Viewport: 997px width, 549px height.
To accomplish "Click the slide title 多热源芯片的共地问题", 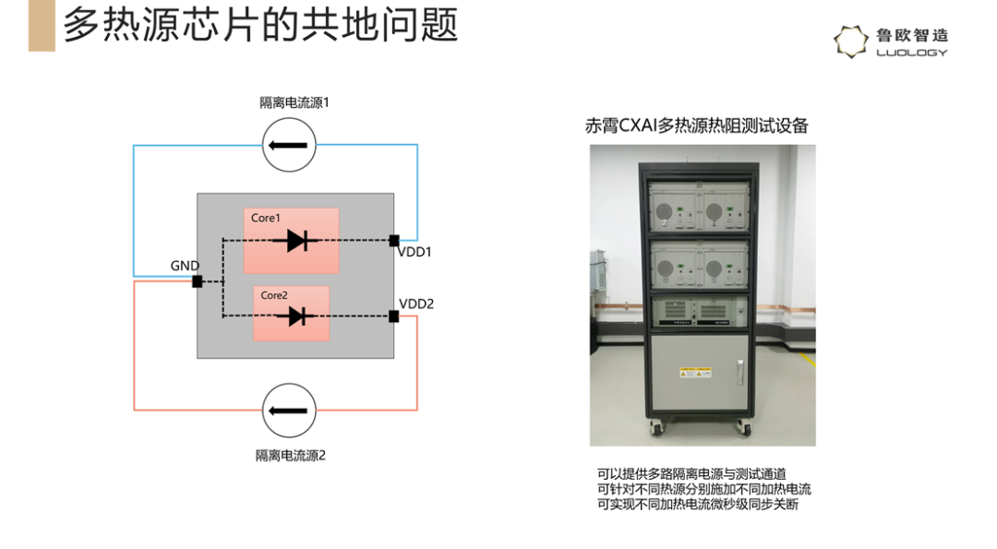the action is [260, 26].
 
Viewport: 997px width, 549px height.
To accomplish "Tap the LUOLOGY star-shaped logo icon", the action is [851, 42].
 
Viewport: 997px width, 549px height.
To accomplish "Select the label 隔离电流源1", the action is [294, 103].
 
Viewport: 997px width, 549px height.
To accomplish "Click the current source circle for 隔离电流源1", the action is [289, 146].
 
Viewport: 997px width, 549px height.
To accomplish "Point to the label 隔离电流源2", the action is [291, 456].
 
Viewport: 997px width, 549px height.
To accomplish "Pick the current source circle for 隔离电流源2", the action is [289, 411].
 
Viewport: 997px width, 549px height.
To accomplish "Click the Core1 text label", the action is [265, 218].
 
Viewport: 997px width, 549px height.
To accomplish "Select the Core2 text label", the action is [274, 295].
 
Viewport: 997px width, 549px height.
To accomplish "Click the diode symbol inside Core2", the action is [296, 316].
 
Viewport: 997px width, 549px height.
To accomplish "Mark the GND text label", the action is [185, 266].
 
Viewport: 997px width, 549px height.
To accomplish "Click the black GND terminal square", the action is [198, 281].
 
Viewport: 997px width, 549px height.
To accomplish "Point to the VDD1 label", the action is [414, 252].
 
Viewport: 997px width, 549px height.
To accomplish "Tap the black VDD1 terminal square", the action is [394, 241].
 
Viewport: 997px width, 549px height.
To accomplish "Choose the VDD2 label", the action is [416, 304].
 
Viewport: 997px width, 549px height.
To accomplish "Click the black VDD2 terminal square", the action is [394, 316].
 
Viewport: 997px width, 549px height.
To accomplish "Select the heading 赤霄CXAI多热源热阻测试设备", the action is [696, 125].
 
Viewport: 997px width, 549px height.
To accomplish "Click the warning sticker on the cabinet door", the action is [695, 373].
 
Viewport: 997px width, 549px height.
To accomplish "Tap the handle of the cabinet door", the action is [740, 372].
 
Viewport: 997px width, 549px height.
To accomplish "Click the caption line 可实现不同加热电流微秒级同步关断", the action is [698, 505].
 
